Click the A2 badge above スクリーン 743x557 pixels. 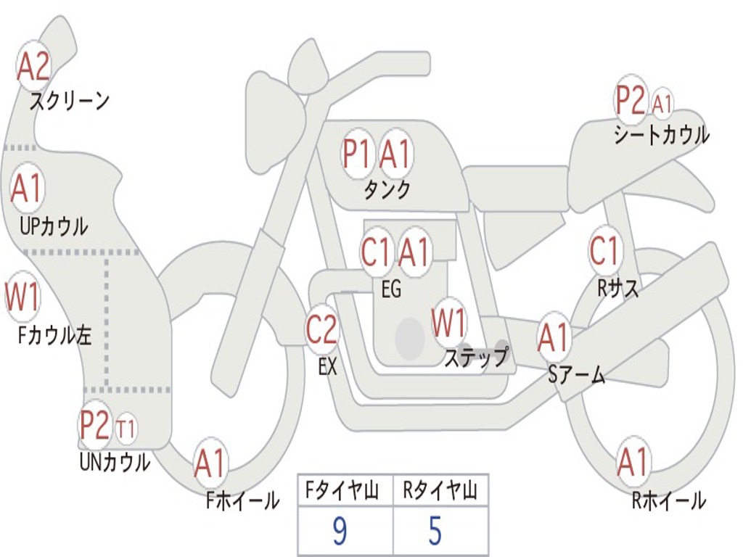(33, 66)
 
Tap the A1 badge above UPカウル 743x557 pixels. (28, 189)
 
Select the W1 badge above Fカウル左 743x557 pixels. (22, 297)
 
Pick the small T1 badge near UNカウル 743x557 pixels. (126, 429)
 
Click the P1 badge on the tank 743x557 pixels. (357, 154)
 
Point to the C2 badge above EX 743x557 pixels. (321, 330)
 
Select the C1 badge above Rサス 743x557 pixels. (604, 251)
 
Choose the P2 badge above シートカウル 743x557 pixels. (631, 101)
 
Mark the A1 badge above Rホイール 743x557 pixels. (633, 462)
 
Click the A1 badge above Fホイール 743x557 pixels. (210, 464)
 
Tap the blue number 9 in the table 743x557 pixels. (340, 532)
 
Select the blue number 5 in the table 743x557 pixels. (435, 532)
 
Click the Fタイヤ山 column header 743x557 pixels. (340, 492)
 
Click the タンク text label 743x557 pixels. (387, 190)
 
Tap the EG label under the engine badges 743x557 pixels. (391, 289)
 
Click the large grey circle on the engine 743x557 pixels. (410, 339)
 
